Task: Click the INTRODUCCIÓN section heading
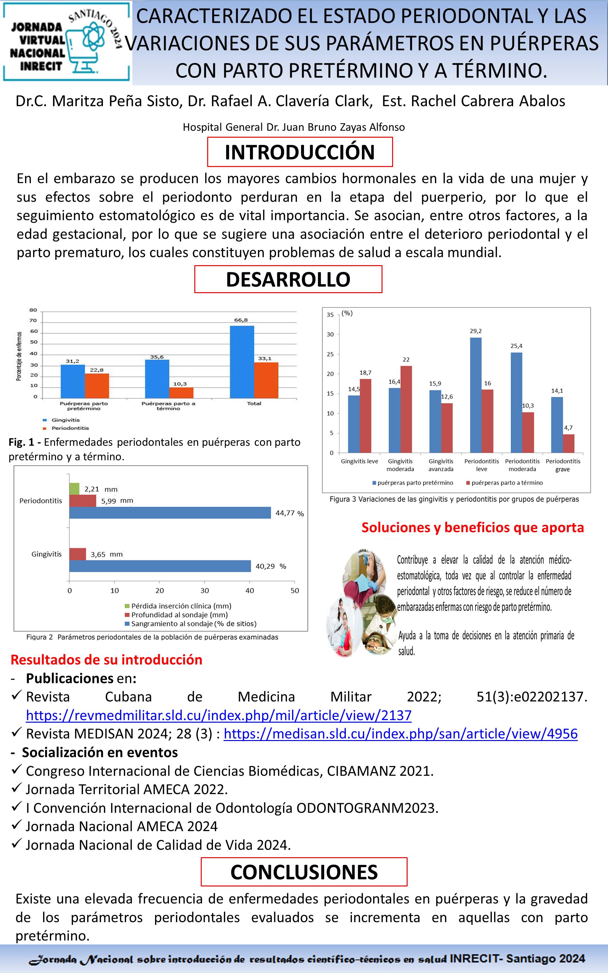click(x=299, y=152)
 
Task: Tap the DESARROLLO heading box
click(x=288, y=279)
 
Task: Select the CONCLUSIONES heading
click(x=304, y=872)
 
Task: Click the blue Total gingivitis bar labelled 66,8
click(x=242, y=362)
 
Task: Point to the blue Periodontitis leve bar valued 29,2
click(x=476, y=395)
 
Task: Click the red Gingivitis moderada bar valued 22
click(x=406, y=409)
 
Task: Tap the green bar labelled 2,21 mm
click(x=74, y=489)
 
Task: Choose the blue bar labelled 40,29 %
click(x=160, y=566)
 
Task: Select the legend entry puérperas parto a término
click(x=507, y=483)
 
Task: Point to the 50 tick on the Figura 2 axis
click(x=295, y=591)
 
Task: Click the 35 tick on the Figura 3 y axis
click(x=330, y=314)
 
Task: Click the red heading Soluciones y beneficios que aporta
click(x=473, y=527)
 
